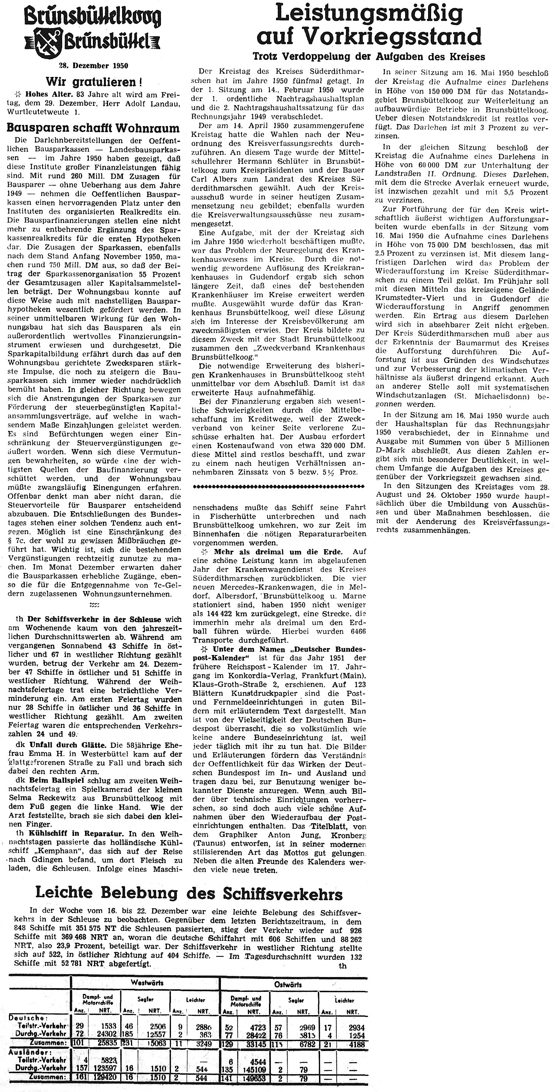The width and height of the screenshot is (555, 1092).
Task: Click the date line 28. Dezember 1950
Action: pyautogui.click(x=93, y=66)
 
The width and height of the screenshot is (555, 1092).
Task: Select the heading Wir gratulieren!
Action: pyautogui.click(x=94, y=81)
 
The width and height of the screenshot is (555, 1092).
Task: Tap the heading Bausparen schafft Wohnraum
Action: pyautogui.click(x=93, y=128)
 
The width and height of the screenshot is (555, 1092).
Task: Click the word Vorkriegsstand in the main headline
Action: pyautogui.click(x=393, y=37)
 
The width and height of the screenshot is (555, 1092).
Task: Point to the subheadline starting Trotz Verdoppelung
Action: pyautogui.click(x=369, y=57)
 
